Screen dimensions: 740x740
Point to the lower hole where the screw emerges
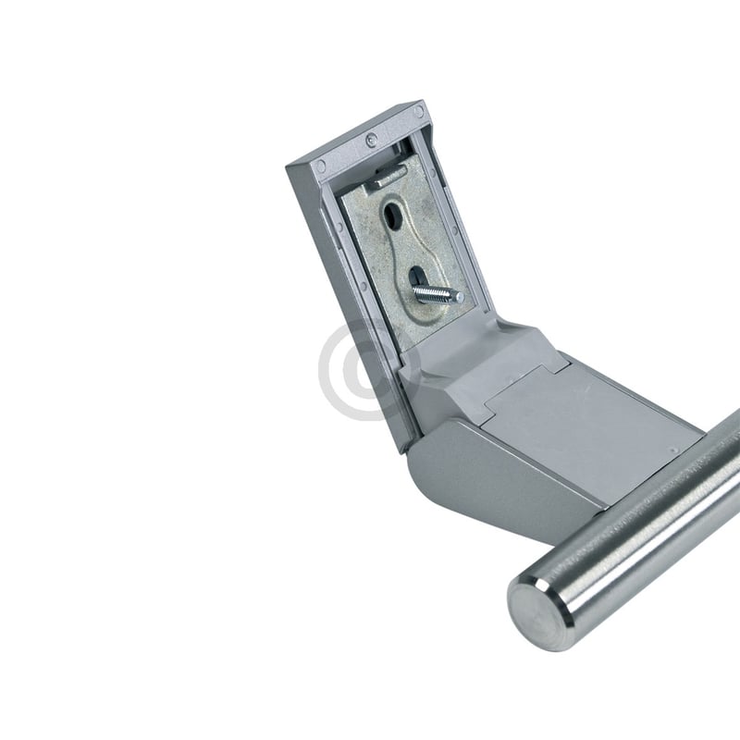[x=417, y=277]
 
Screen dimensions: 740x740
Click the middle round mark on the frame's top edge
[x=371, y=141]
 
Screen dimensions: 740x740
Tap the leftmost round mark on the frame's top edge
[x=320, y=168]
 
